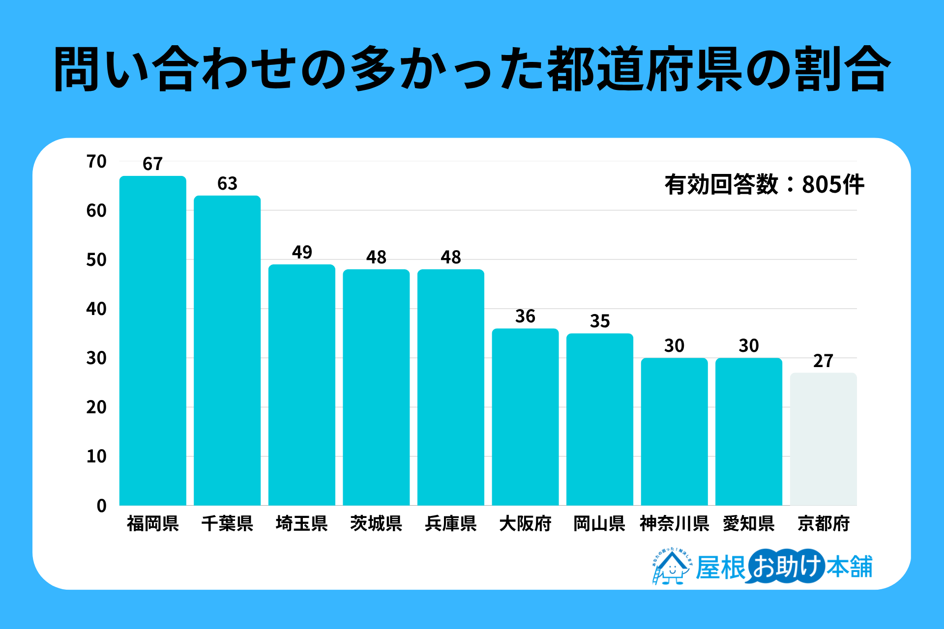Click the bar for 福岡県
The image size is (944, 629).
(153, 341)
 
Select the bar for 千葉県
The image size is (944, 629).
(227, 350)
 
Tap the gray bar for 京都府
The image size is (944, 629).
(823, 439)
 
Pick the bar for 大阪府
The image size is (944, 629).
(525, 417)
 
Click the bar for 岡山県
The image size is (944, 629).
(600, 419)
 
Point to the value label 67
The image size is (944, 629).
(152, 164)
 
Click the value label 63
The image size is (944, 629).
(227, 184)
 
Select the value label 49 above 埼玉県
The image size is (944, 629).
(302, 253)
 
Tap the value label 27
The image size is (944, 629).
(823, 361)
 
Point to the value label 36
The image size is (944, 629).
(525, 316)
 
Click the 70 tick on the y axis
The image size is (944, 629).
(96, 162)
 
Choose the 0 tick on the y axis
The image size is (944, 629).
(101, 506)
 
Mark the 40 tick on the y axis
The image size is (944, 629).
(96, 309)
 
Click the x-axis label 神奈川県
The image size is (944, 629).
(674, 524)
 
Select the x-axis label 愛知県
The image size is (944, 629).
(749, 524)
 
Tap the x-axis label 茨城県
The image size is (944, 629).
(376, 524)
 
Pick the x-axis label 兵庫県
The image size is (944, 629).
(451, 524)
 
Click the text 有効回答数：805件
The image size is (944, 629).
(764, 185)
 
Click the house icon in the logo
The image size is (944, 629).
(671, 568)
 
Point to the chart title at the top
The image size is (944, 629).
(472, 69)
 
